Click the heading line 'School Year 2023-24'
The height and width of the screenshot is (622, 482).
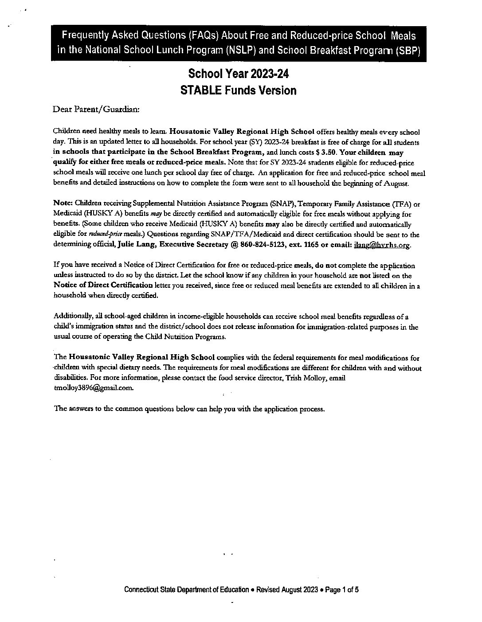click(239, 74)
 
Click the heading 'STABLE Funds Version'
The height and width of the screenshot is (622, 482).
click(239, 90)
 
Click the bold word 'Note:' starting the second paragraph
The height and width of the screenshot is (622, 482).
click(63, 203)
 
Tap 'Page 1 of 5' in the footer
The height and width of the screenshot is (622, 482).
click(342, 590)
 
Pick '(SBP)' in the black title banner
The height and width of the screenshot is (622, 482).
click(407, 50)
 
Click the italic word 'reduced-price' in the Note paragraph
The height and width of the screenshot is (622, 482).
click(102, 235)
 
